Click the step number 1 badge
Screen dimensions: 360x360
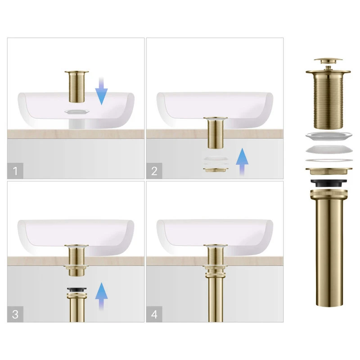(x=15, y=171)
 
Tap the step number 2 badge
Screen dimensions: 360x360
(x=154, y=171)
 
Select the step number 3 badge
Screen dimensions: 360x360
(x=15, y=314)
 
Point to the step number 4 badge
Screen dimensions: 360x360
(x=154, y=314)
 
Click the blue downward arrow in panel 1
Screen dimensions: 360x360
(x=101, y=91)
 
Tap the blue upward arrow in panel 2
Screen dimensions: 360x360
(x=242, y=162)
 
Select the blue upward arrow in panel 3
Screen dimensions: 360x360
(x=101, y=296)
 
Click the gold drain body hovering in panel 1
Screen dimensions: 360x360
(x=76, y=86)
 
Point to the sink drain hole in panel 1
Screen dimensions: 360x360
(x=76, y=112)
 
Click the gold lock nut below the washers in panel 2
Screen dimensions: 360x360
(x=216, y=170)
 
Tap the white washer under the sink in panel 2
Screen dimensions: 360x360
(x=216, y=159)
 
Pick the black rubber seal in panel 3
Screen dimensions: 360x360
(x=76, y=289)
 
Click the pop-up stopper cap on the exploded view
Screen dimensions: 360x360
(x=328, y=61)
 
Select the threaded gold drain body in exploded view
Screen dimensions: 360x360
(x=328, y=99)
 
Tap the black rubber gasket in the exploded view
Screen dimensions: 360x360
(x=328, y=183)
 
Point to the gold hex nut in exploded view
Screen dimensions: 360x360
(x=328, y=171)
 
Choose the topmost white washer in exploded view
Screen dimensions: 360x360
(x=329, y=136)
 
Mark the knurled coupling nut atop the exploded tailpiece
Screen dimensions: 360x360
(x=329, y=194)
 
